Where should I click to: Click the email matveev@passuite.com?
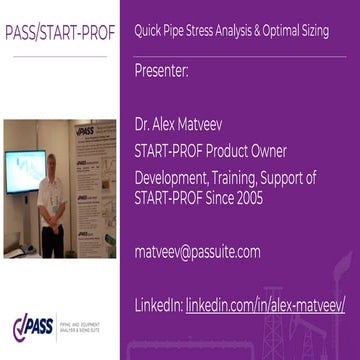coord(197,251)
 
